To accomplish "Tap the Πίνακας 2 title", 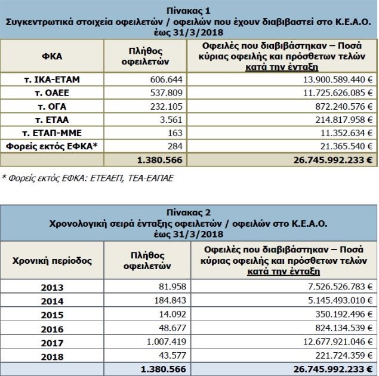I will pyautogui.click(x=190, y=211).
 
